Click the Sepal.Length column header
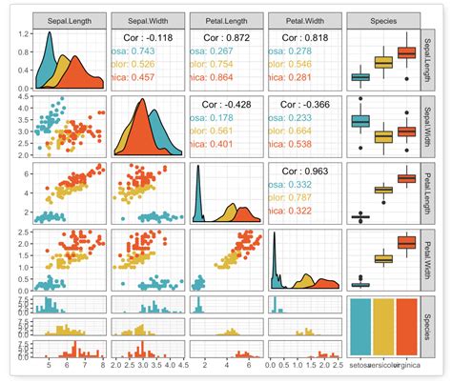point(70,20)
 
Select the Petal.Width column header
point(304,20)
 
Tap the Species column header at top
point(383,20)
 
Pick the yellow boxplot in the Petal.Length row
point(384,190)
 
